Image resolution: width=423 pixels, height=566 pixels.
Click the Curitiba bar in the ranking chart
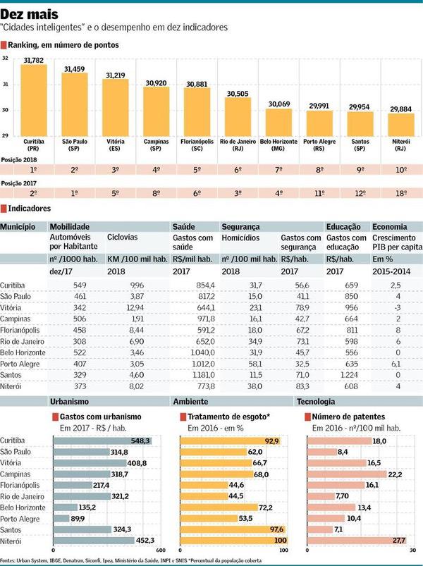point(34,99)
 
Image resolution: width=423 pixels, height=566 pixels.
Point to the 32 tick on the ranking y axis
point(5,59)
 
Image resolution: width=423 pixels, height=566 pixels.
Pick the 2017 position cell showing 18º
point(401,192)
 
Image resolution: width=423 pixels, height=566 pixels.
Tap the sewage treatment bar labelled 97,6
point(231,529)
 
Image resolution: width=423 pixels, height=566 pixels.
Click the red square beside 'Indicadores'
point(4,209)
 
